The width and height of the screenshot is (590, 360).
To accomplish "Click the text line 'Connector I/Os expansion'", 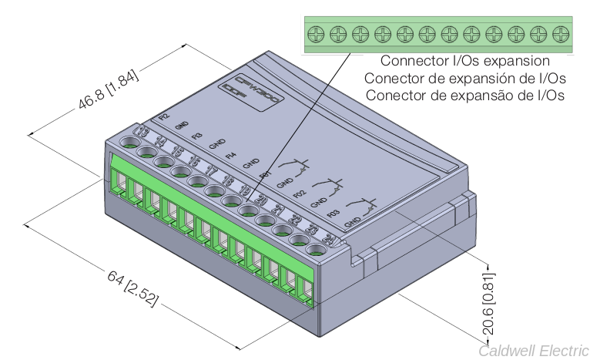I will pyautogui.click(x=464, y=61).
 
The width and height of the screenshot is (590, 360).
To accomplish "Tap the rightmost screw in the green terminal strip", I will pyautogui.click(x=560, y=34).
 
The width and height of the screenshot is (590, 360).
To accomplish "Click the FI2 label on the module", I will pyautogui.click(x=163, y=116).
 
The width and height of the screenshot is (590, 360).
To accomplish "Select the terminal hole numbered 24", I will pyautogui.click(x=315, y=249).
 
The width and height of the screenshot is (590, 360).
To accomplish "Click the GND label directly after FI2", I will pyautogui.click(x=183, y=125).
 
